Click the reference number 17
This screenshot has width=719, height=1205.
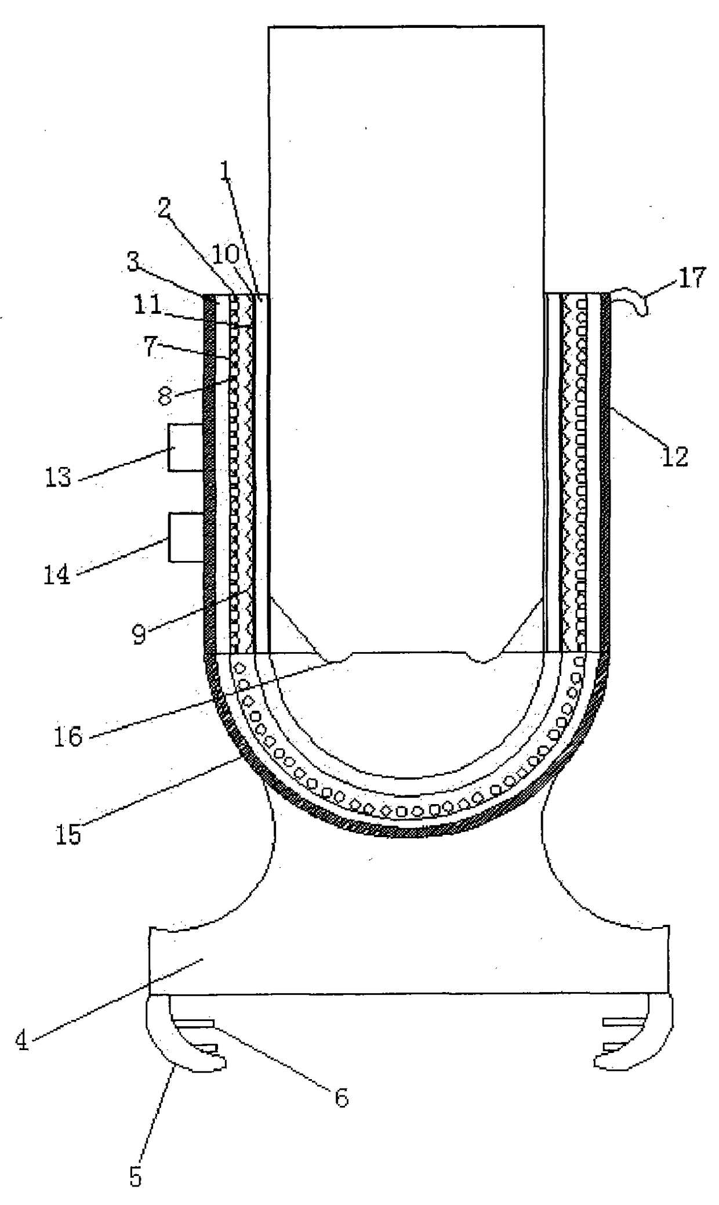tap(691, 278)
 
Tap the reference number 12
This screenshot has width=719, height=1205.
tap(674, 457)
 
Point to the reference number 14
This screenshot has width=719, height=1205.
tap(57, 575)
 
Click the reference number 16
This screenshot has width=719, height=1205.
tap(68, 736)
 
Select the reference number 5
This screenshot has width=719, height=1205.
tap(135, 1177)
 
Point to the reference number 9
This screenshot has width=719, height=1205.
tap(139, 635)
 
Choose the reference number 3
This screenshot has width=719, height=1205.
tap(133, 263)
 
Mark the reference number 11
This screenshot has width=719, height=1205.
tap(147, 305)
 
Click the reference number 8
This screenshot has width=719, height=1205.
tap(165, 396)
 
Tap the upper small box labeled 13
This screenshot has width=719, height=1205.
tap(186, 447)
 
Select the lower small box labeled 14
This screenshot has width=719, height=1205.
tap(186, 537)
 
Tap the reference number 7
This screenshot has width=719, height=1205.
tap(151, 346)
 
